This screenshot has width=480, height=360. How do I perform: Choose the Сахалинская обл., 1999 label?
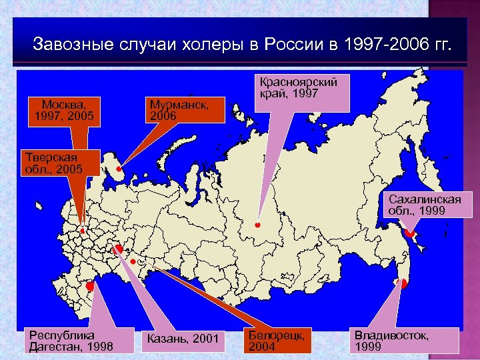(425, 205)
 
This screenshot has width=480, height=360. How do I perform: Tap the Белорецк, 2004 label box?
(276, 340)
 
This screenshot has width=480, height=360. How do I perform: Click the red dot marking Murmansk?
(118, 169)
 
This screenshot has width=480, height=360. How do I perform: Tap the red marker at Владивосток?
(403, 284)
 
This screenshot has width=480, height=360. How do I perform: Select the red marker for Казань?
(118, 249)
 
